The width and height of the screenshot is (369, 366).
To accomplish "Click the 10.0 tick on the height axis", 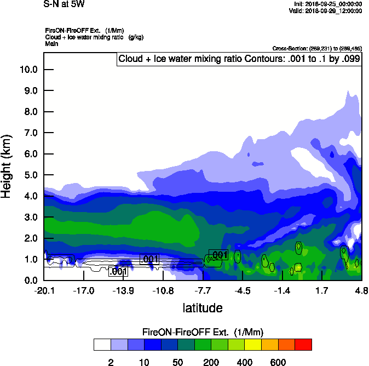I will click(x=27, y=70).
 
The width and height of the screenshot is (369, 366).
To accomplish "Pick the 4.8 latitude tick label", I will click(x=361, y=290).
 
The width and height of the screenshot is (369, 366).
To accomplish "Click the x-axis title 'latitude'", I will click(x=203, y=308).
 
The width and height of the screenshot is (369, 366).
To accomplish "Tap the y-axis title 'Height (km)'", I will click(x=7, y=167).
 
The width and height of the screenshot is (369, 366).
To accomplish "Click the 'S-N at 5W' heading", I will click(x=64, y=4).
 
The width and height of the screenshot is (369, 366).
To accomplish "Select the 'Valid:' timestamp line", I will click(x=327, y=10).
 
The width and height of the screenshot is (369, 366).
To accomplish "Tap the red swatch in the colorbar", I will click(x=303, y=345).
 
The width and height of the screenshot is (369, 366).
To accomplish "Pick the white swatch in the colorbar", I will click(x=102, y=345).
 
